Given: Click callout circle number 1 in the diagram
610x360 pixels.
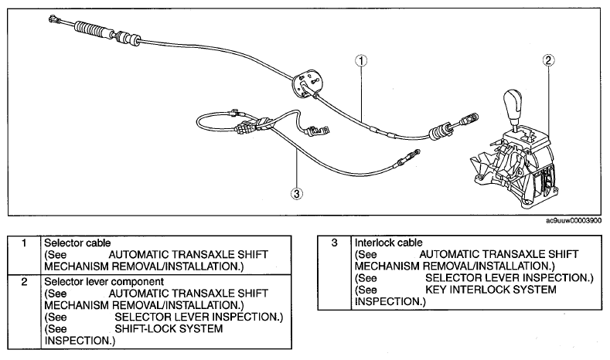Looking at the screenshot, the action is [x=361, y=61].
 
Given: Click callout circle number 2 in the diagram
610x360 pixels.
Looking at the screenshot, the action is [x=548, y=59].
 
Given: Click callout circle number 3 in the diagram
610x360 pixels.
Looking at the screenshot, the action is [x=297, y=193].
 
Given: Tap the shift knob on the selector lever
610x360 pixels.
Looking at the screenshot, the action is [x=513, y=105].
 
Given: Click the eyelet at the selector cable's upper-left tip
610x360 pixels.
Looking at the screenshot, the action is [x=53, y=18].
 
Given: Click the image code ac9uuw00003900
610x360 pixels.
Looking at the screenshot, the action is [x=574, y=221].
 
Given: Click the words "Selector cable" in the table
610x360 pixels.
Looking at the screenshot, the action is [x=77, y=243].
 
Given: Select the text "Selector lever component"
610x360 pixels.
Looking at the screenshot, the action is [x=104, y=281].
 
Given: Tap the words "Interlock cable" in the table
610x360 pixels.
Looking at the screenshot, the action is [x=388, y=243].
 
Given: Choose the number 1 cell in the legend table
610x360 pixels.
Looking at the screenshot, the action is [x=24, y=255].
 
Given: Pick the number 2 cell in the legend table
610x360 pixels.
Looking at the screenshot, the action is [x=24, y=311].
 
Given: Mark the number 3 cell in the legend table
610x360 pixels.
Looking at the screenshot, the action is [x=334, y=272].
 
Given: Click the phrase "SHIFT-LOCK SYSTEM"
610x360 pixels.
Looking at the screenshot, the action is [x=169, y=328].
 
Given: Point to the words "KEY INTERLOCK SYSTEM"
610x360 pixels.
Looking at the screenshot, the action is [x=491, y=290].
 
